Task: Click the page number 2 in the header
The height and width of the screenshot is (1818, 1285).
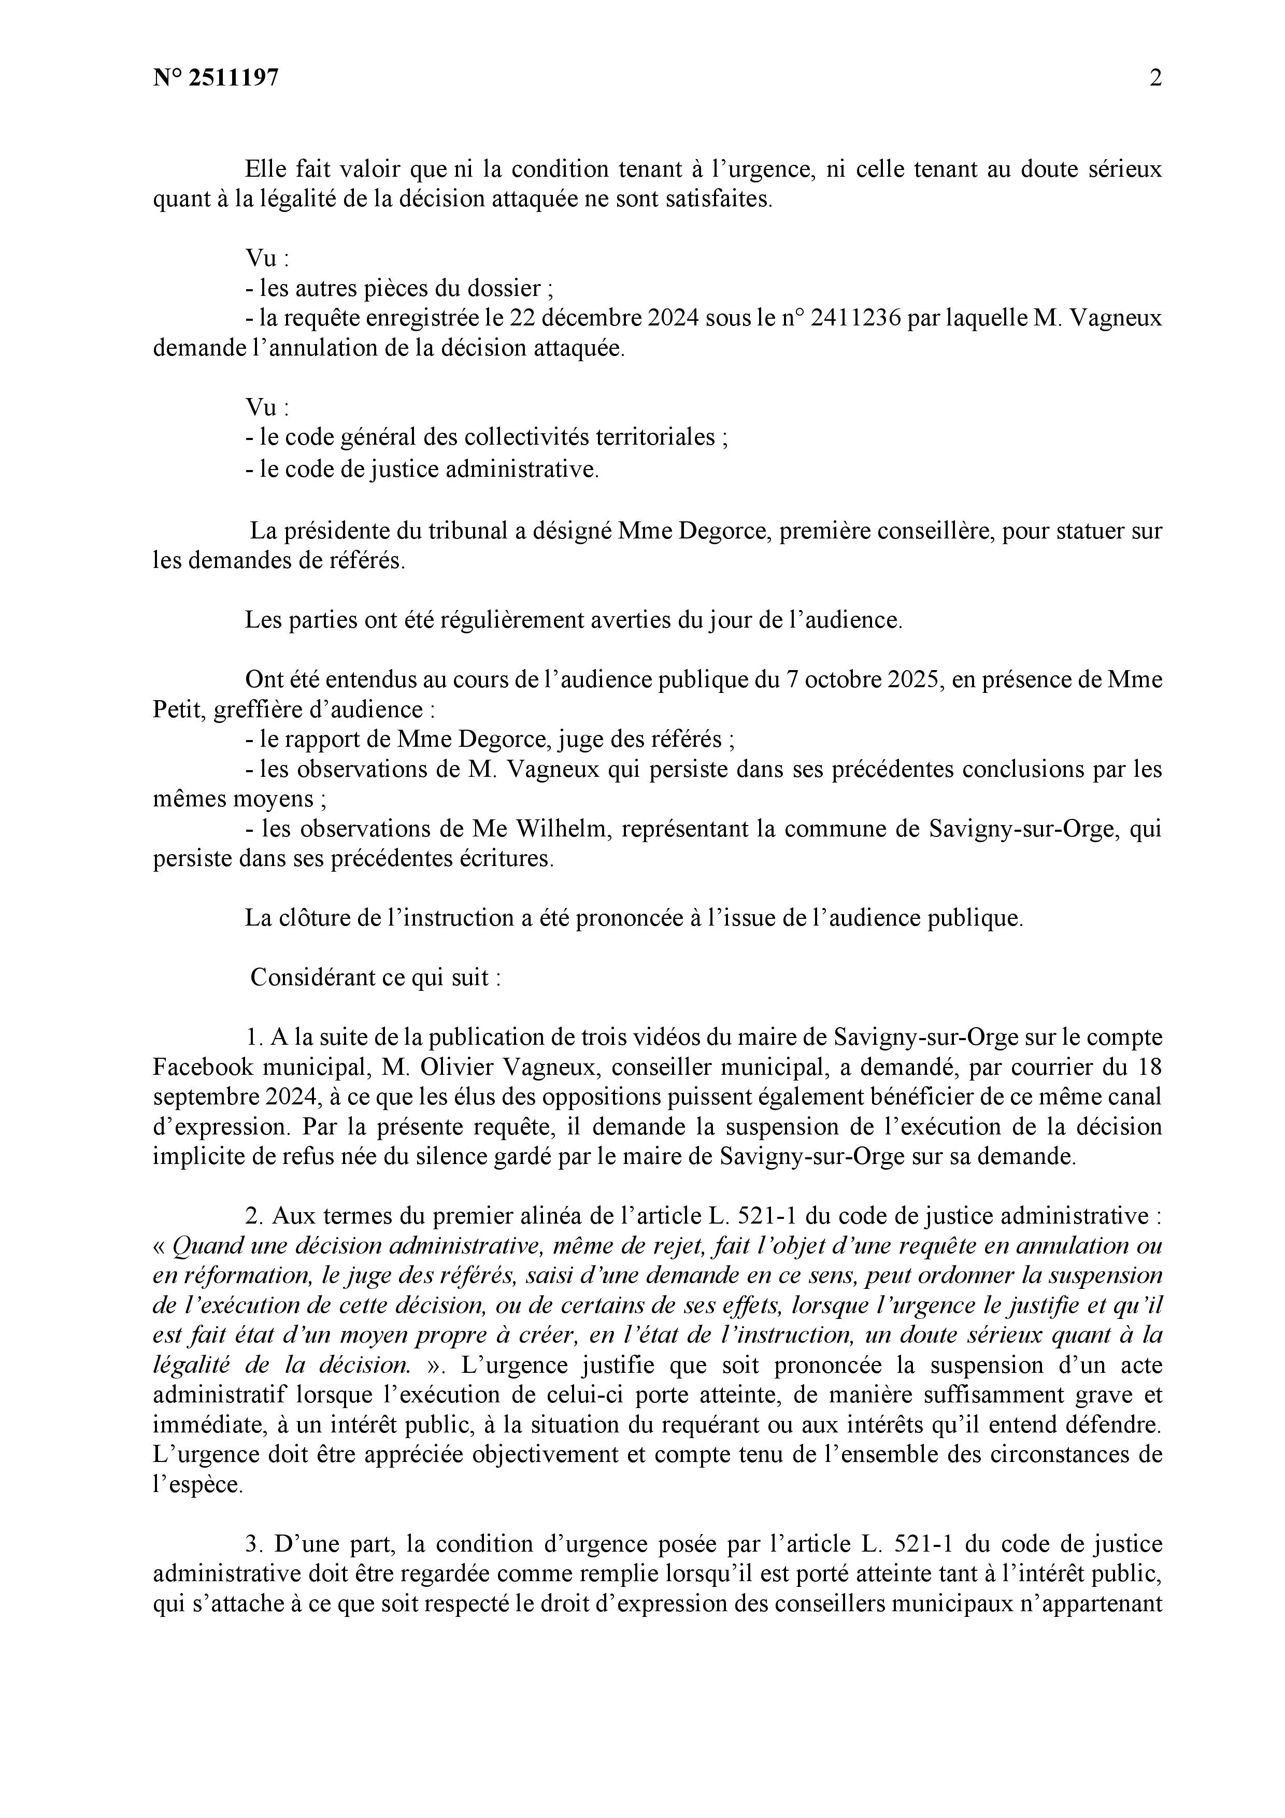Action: [x=1155, y=78]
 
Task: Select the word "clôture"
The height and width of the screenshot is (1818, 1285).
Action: [x=315, y=918]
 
